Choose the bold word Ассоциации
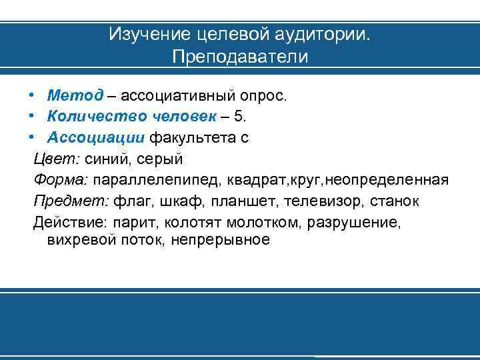tap(95, 138)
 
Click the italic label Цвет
tap(53, 159)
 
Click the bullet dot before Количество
tap(31, 117)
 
